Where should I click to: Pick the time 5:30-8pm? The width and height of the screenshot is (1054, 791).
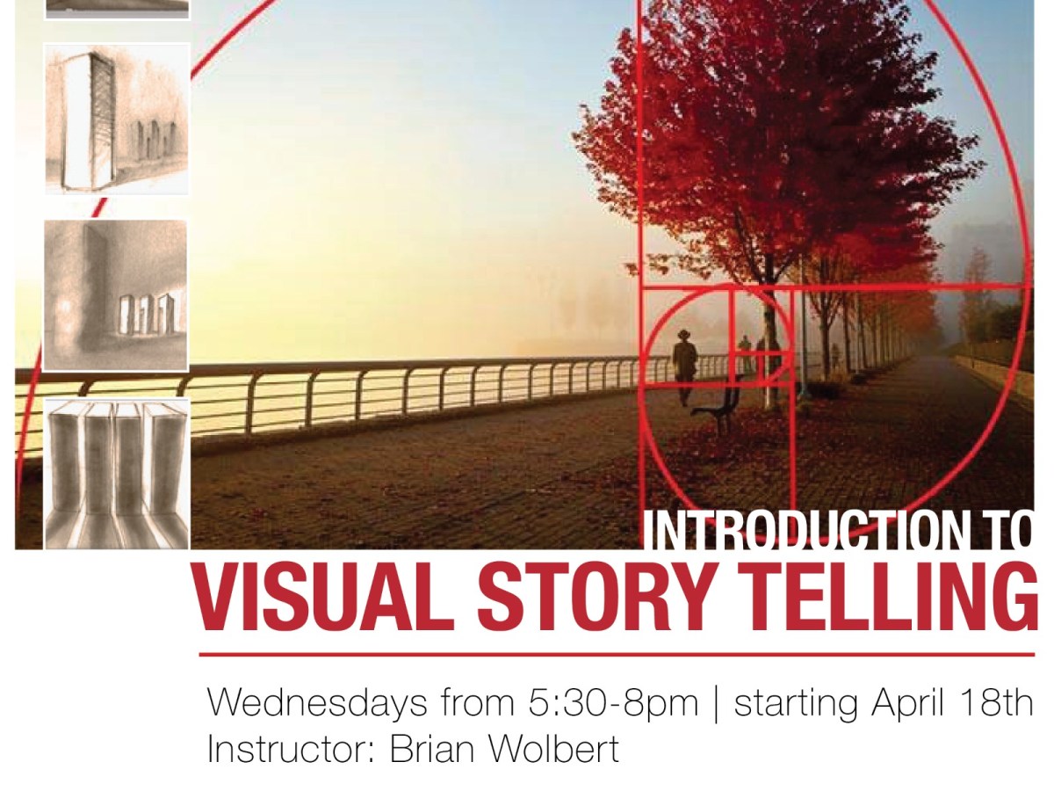point(614,704)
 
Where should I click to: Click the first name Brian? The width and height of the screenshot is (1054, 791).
point(433,750)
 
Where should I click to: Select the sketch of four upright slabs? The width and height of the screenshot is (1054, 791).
point(117,473)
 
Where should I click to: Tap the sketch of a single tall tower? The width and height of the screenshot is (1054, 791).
point(117,118)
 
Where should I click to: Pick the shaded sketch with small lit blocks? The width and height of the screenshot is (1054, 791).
point(117,295)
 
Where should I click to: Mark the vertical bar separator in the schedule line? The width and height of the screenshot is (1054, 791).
point(716,704)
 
